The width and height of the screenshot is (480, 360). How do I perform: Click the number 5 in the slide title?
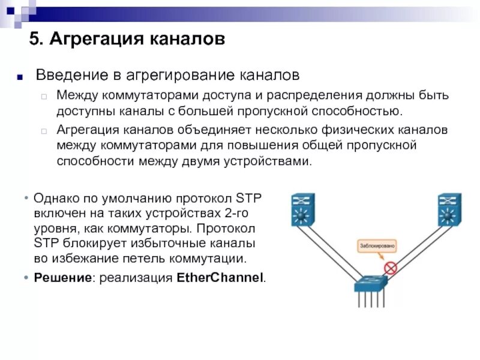point(35,40)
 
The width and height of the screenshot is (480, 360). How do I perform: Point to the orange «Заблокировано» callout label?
point(376,245)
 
